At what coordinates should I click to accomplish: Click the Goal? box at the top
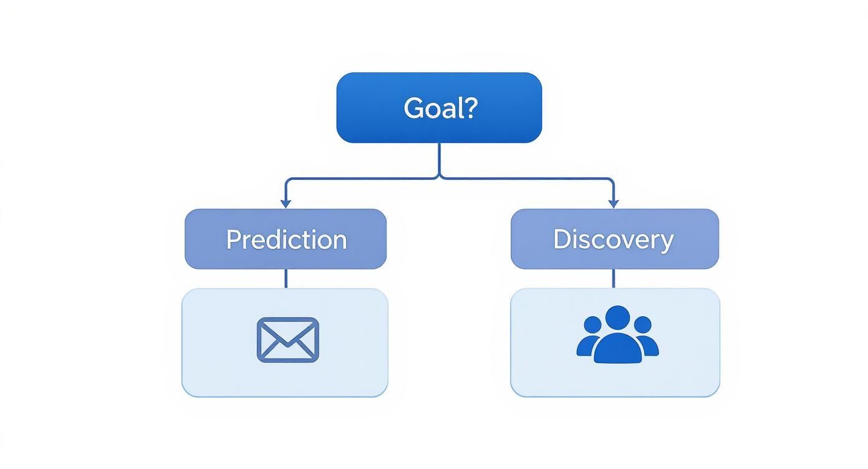click(439, 107)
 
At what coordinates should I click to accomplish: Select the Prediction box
click(286, 239)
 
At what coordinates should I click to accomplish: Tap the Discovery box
click(614, 239)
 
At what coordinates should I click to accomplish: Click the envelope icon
click(287, 340)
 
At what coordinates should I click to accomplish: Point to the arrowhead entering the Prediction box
click(286, 203)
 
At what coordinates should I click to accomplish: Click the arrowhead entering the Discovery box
click(613, 203)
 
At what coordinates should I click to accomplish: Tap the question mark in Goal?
click(470, 108)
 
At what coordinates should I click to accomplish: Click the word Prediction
click(286, 239)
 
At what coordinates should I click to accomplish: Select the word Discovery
click(614, 239)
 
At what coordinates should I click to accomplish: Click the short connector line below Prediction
click(286, 279)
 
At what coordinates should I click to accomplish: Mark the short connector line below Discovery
click(613, 279)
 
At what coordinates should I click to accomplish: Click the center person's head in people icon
click(617, 318)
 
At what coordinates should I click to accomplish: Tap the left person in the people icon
click(589, 337)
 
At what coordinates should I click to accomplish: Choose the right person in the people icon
click(645, 337)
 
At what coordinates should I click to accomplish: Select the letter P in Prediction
click(233, 239)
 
